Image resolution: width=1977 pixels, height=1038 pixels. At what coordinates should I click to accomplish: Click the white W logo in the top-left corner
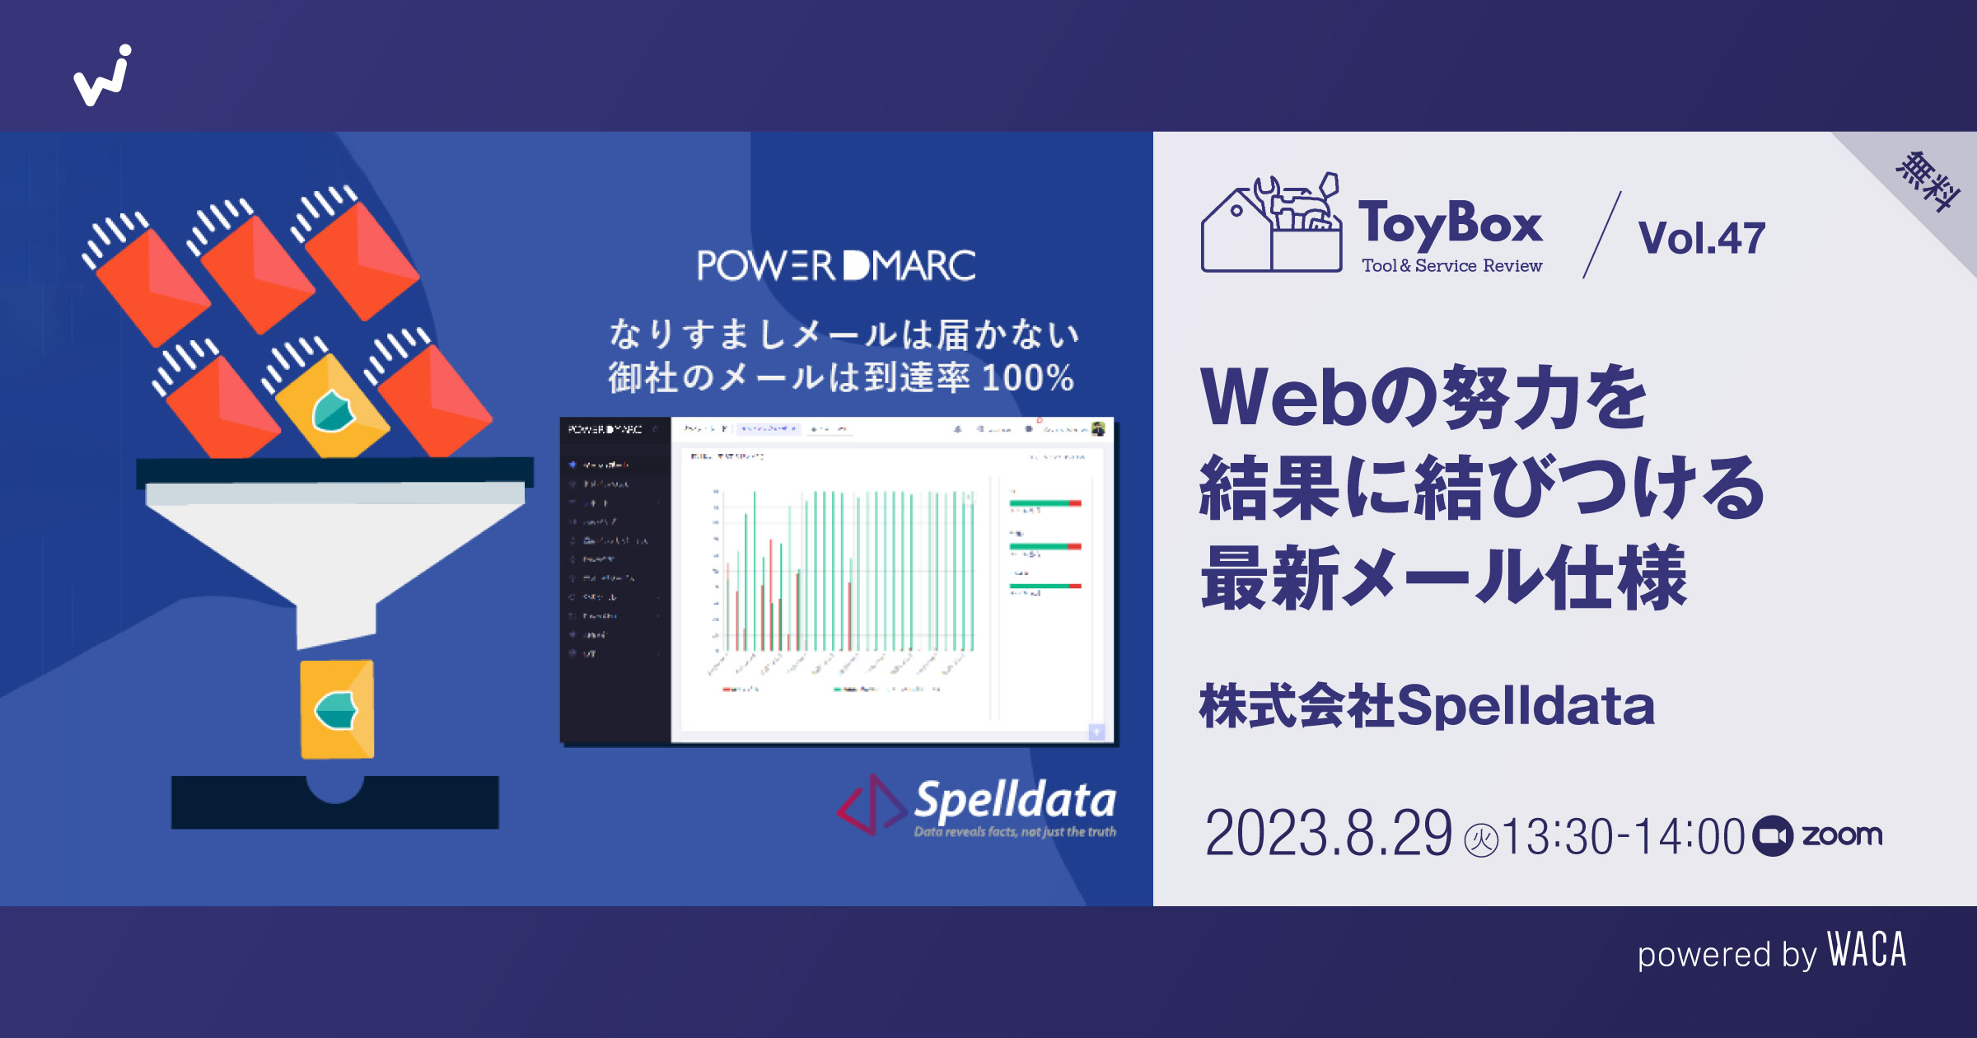[103, 76]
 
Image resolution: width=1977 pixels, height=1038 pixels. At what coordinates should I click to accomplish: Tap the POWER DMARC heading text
[836, 265]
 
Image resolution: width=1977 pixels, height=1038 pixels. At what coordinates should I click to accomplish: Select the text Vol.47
[1701, 238]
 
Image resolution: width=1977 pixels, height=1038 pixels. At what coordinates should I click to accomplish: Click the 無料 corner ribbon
[1928, 181]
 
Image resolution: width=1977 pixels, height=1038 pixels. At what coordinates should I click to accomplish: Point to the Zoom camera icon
[1773, 836]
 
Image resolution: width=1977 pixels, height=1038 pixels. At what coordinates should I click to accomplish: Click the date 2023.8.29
[1328, 834]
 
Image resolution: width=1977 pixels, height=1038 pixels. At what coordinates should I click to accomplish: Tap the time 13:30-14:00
[1623, 836]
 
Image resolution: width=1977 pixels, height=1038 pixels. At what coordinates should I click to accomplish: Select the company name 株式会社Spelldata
[1427, 706]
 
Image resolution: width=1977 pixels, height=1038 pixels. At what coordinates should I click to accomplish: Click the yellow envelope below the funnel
[337, 709]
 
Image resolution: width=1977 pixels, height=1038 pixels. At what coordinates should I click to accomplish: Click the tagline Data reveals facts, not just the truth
[1015, 832]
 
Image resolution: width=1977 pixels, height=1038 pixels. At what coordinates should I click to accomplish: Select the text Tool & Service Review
[1451, 266]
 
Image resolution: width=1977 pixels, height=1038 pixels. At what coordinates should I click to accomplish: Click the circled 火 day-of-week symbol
[1481, 841]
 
